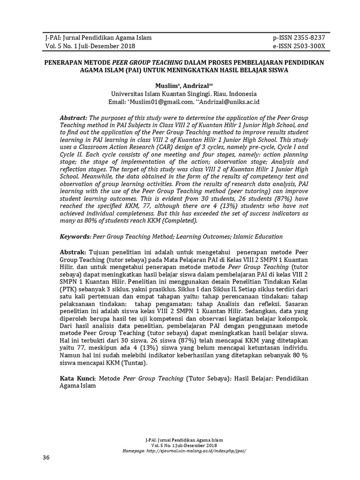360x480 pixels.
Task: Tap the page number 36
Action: tap(45, 457)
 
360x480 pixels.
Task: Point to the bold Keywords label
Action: tap(75, 237)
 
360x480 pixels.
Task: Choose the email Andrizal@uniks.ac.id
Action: tap(231, 102)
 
